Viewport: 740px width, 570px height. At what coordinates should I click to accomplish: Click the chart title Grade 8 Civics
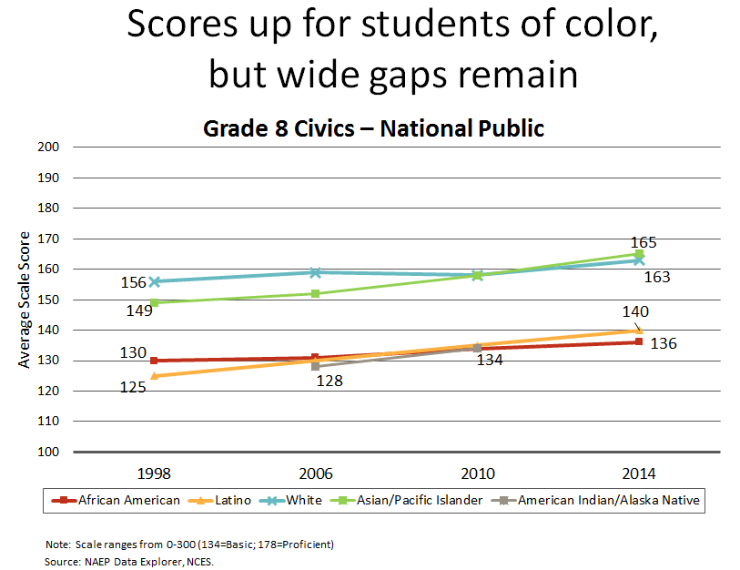coord(373,127)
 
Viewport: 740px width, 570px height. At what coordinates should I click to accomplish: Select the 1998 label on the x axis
coord(154,474)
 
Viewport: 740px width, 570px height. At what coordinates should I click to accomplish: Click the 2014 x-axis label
coord(638,474)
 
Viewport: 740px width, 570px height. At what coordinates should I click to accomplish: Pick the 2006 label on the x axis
coord(315,474)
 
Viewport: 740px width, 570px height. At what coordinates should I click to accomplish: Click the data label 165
coord(644,242)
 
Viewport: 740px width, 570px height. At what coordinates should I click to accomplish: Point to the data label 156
coord(133,282)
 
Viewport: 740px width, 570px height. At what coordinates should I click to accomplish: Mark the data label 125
coord(133,388)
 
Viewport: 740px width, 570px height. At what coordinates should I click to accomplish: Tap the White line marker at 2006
coord(316,272)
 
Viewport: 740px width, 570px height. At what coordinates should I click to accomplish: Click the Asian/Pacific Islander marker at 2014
coord(640,255)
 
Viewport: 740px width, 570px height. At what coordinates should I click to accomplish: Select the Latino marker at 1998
coord(154,376)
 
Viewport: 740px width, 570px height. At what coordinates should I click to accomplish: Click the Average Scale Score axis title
coord(25,300)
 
